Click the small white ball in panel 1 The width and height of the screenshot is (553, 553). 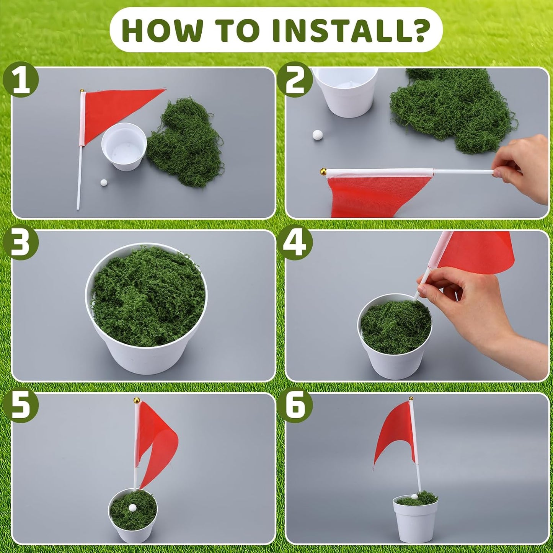click(x=103, y=183)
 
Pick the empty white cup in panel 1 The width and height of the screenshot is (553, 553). click(x=124, y=147)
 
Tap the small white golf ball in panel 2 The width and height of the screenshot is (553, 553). click(x=318, y=135)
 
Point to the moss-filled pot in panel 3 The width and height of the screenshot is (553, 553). click(x=147, y=308)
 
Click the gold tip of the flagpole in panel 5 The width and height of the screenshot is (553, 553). click(x=137, y=400)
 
